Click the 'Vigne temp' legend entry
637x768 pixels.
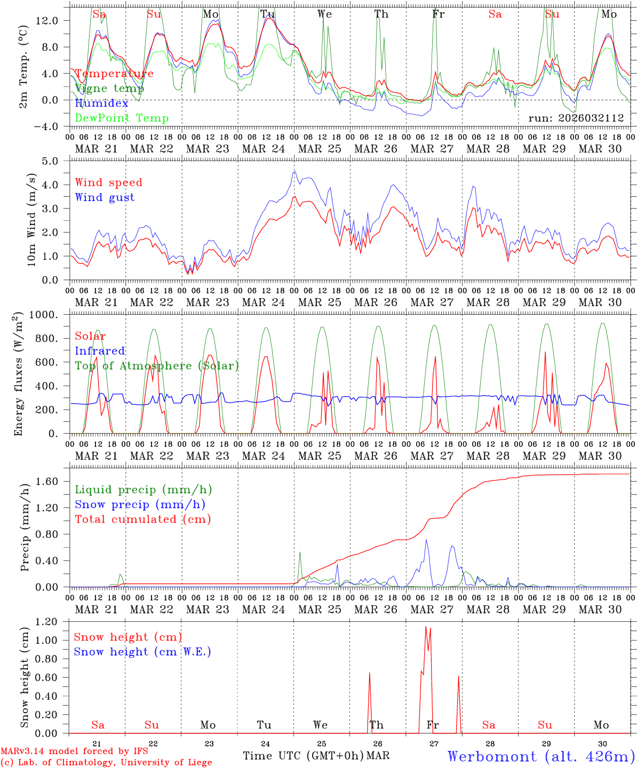pyautogui.click(x=109, y=89)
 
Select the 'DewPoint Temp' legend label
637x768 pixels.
pyautogui.click(x=122, y=118)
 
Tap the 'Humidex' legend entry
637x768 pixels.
pyautogui.click(x=101, y=103)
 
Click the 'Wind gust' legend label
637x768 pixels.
pyautogui.click(x=105, y=197)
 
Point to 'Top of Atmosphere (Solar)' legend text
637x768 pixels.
pyautogui.click(x=157, y=366)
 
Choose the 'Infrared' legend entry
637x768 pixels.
pyautogui.click(x=100, y=351)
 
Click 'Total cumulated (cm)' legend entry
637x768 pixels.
pyautogui.click(x=142, y=519)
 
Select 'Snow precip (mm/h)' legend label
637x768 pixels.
pyautogui.click(x=140, y=505)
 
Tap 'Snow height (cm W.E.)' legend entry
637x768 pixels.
pyautogui.click(x=142, y=652)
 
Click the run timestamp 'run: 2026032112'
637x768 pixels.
pyautogui.click(x=576, y=118)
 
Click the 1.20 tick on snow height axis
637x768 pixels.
pyautogui.click(x=46, y=622)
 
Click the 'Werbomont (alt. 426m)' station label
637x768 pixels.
pyautogui.click(x=541, y=756)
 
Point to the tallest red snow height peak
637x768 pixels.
pyautogui.click(x=426, y=627)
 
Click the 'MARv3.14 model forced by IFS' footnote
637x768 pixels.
pyautogui.click(x=74, y=751)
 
